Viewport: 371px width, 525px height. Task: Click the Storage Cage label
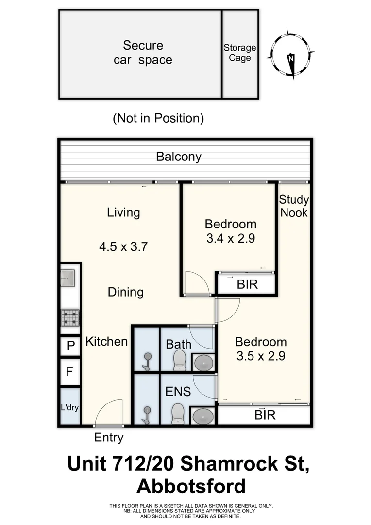[x=240, y=53]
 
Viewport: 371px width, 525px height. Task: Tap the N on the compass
[x=291, y=58]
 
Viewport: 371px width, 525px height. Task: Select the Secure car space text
[x=143, y=52]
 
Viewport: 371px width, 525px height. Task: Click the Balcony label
[x=179, y=157]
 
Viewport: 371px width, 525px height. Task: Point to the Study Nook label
[x=294, y=206]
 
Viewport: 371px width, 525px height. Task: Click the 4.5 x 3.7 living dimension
[x=123, y=247]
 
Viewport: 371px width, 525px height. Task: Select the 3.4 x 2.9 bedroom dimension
[x=231, y=238]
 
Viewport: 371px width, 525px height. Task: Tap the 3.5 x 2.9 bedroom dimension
[x=261, y=356]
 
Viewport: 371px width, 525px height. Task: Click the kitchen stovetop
[x=70, y=318]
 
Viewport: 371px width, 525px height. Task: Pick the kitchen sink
[x=68, y=278]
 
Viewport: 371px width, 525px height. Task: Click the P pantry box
[x=70, y=346]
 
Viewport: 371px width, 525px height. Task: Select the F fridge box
[x=70, y=372]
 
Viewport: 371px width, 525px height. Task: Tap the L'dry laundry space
[x=70, y=407]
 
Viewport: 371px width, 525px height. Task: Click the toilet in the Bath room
[x=180, y=361]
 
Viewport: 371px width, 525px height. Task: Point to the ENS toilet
[x=178, y=414]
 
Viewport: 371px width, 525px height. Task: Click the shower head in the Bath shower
[x=147, y=362]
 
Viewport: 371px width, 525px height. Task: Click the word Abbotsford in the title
[x=191, y=486]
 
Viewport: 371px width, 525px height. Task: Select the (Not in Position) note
[x=158, y=118]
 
